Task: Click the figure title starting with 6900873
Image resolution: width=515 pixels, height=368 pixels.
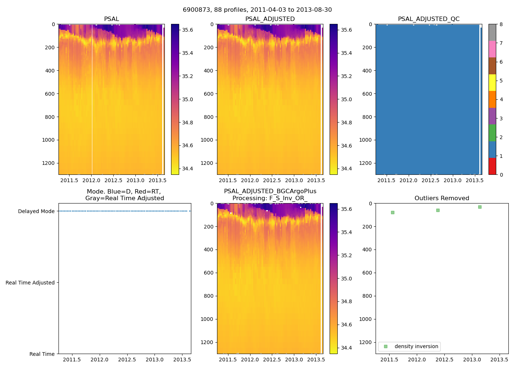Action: (x=257, y=10)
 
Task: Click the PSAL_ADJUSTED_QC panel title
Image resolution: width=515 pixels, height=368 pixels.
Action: (x=429, y=19)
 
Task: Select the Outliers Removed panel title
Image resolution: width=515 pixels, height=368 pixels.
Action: (x=441, y=198)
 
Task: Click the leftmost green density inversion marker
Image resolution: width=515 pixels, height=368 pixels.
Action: (x=393, y=212)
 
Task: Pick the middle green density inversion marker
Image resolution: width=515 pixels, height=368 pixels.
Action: (x=438, y=210)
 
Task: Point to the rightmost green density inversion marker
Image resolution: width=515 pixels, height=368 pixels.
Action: (x=480, y=207)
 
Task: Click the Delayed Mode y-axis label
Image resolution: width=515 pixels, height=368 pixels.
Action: (x=36, y=211)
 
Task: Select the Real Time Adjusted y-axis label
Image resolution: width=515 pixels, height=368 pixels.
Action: (x=30, y=283)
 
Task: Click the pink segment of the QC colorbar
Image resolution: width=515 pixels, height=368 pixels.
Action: (x=492, y=49)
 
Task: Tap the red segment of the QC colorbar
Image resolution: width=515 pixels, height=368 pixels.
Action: (x=492, y=166)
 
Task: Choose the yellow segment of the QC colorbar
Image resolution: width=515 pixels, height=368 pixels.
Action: (x=492, y=82)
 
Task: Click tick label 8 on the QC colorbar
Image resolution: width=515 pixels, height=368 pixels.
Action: (x=501, y=25)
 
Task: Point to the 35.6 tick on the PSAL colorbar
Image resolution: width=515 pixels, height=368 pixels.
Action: (x=188, y=30)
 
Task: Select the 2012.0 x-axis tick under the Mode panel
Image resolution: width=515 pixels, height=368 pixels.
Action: (x=99, y=360)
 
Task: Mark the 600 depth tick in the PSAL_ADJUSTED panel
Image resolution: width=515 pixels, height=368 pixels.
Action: (x=208, y=94)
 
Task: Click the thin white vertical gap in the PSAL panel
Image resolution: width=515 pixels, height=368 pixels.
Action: (x=92, y=99)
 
